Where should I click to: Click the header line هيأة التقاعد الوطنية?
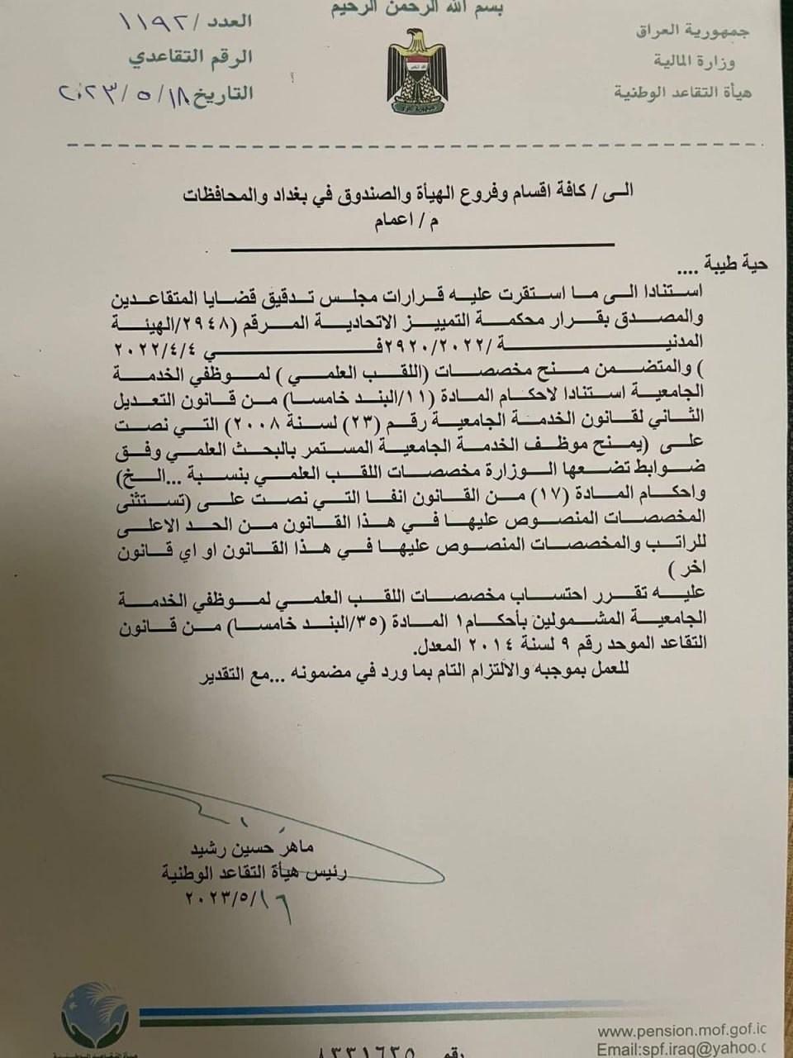[x=682, y=92]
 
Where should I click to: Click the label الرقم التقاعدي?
[x=191, y=58]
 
